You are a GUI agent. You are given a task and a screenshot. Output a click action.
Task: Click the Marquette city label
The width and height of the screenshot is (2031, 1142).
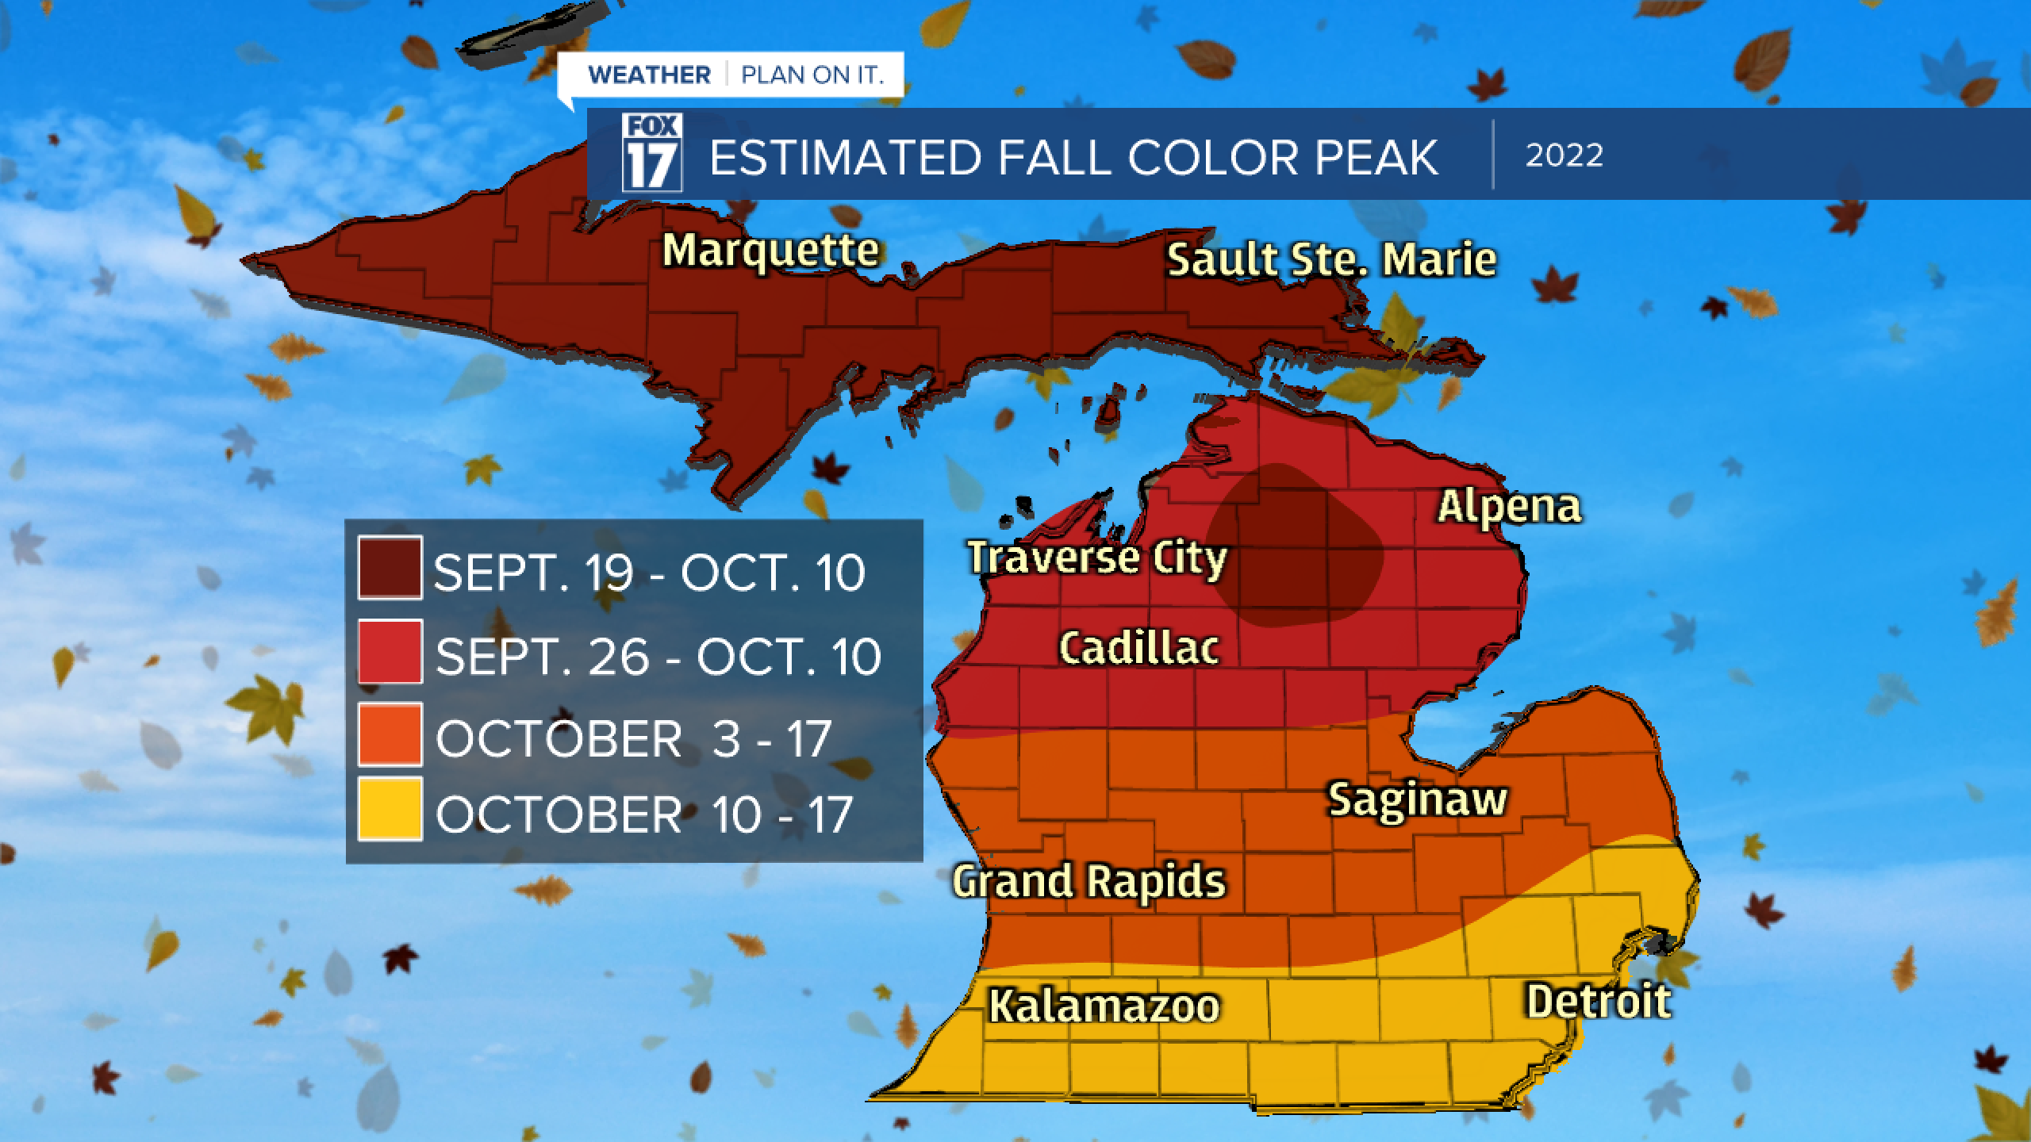(x=770, y=251)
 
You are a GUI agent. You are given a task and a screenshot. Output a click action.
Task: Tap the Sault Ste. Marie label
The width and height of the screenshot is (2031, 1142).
(x=1331, y=260)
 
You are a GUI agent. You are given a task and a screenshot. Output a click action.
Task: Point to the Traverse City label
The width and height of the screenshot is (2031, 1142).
(x=1097, y=558)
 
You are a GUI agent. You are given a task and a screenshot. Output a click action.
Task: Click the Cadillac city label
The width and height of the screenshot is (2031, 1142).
(x=1139, y=648)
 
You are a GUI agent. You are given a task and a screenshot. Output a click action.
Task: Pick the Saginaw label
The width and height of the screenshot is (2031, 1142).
(x=1418, y=799)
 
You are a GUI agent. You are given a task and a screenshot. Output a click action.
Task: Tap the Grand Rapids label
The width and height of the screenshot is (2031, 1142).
(x=1089, y=882)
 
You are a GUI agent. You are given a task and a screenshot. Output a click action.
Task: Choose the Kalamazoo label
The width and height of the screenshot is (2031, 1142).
(x=1104, y=1006)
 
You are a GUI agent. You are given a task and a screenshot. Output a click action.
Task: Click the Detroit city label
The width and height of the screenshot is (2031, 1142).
(x=1599, y=1002)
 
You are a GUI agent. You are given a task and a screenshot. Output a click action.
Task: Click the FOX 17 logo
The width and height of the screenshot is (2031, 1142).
(x=652, y=152)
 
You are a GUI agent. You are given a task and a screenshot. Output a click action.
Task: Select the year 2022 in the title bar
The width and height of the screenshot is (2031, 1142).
(x=1564, y=155)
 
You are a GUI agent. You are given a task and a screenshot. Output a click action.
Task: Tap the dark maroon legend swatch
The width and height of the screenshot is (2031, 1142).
(x=390, y=568)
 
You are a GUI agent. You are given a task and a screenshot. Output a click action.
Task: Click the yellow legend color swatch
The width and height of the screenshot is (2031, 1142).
(x=390, y=809)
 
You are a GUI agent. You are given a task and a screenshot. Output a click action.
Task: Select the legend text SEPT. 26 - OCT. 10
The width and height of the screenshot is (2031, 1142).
(x=658, y=657)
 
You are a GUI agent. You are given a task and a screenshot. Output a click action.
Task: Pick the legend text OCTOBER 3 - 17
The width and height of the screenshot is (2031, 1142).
(x=632, y=738)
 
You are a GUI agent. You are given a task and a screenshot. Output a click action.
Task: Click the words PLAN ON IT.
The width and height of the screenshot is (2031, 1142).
(x=812, y=75)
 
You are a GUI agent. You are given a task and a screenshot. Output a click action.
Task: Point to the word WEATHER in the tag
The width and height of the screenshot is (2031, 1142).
(x=649, y=75)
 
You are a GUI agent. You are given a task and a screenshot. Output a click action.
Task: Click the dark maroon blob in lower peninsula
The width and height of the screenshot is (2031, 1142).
(x=1293, y=555)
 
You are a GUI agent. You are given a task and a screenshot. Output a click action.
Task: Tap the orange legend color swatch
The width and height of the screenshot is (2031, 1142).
(x=390, y=734)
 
